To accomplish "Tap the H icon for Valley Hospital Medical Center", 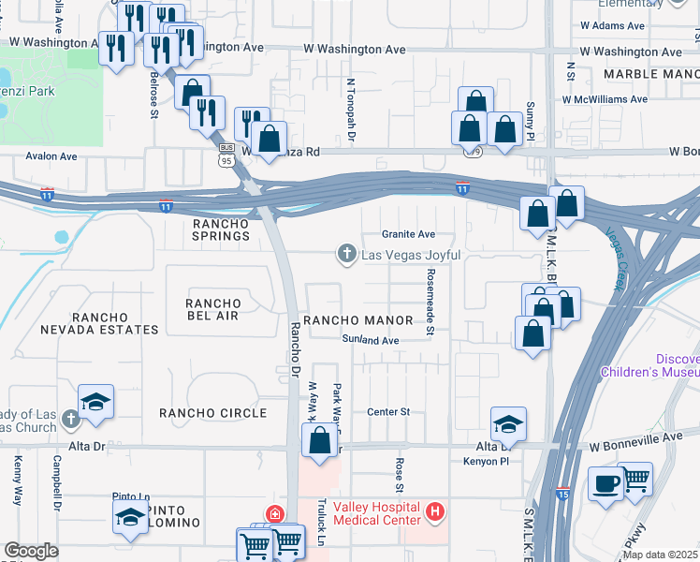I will [x=434, y=511].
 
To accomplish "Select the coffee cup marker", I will [x=605, y=484].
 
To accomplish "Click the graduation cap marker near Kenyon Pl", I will [x=508, y=424].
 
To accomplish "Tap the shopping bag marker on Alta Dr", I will [x=319, y=440].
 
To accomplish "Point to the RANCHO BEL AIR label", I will [x=213, y=310].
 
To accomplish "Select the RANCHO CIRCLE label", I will [x=212, y=412].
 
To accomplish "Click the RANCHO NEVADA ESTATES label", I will [x=100, y=323].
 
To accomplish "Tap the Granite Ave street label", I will [x=409, y=234].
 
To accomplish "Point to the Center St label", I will [x=389, y=411].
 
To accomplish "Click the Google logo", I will [x=31, y=551].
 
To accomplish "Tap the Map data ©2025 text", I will [x=659, y=555].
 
